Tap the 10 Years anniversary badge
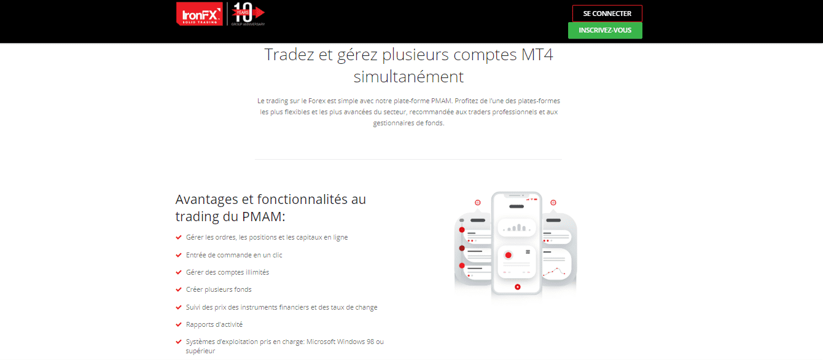tap(248, 14)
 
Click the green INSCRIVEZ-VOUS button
tap(605, 30)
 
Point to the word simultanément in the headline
tap(408, 77)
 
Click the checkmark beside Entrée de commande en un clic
tap(179, 255)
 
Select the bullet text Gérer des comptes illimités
tap(227, 272)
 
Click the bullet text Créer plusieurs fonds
tap(219, 289)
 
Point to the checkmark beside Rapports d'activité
tap(179, 324)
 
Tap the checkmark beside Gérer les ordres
tap(179, 237)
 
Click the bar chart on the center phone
tap(517, 228)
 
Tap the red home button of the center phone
tap(517, 286)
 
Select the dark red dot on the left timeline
tap(461, 248)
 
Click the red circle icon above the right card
tap(553, 203)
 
